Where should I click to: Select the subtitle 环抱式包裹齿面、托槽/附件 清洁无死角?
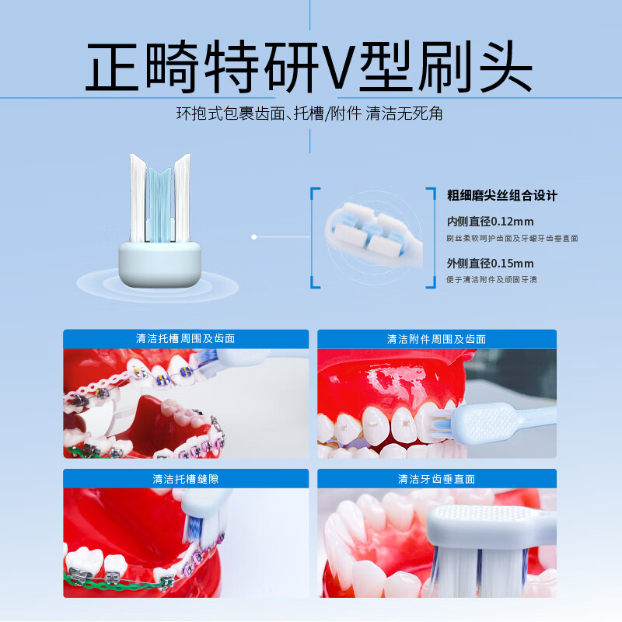(x=309, y=114)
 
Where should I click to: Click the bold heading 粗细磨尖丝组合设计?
(x=502, y=195)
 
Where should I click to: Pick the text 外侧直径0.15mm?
(x=490, y=263)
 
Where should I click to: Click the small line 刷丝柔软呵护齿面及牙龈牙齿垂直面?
(x=512, y=238)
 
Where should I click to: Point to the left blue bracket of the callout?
(x=315, y=237)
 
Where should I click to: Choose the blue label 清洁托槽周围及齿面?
(x=185, y=339)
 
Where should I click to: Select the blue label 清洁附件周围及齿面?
(x=436, y=339)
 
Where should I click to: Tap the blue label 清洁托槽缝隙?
(x=185, y=479)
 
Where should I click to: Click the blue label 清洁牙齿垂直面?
(x=436, y=479)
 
